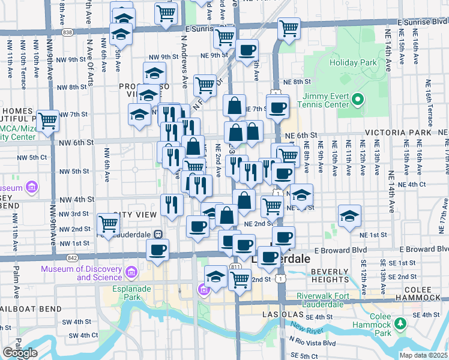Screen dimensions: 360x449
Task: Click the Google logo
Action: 20,353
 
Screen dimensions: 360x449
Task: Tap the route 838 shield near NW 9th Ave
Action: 68,31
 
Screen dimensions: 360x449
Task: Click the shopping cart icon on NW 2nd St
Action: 108,224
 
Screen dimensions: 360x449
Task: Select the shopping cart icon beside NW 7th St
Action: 47,120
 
